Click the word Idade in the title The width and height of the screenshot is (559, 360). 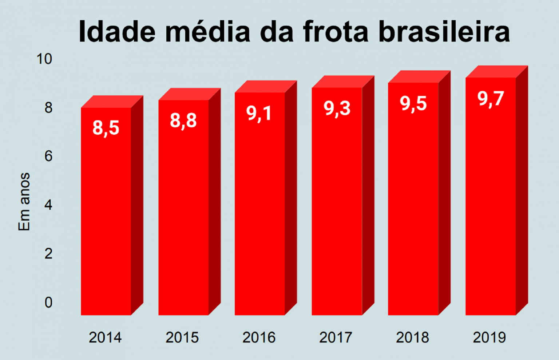(117, 31)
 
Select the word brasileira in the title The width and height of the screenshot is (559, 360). (444, 31)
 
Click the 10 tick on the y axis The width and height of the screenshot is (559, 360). (44, 59)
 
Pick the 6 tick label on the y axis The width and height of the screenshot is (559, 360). (48, 156)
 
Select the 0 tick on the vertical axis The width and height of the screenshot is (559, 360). (48, 302)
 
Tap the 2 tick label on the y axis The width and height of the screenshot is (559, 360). (48, 254)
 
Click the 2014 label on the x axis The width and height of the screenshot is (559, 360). (105, 337)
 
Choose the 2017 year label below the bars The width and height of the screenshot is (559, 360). (336, 337)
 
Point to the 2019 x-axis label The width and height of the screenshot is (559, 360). (489, 337)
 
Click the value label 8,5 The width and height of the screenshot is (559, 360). (106, 128)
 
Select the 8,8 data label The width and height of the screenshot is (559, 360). (183, 120)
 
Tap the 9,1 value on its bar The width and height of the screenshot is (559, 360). (259, 113)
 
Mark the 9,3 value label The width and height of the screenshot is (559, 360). (337, 108)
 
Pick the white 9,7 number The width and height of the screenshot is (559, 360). (491, 99)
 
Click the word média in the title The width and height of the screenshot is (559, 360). (207, 31)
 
